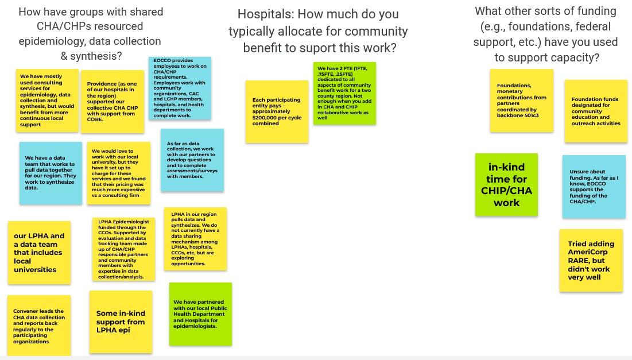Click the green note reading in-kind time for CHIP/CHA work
[x=506, y=184]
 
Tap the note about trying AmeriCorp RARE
[x=591, y=261]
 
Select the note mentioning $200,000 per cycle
[x=277, y=111]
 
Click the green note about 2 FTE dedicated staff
[x=344, y=93]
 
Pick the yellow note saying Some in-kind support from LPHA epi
[x=121, y=322]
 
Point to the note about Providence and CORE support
[x=113, y=102]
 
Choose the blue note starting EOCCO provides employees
[x=180, y=88]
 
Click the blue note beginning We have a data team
[x=51, y=173]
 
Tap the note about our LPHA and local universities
[x=40, y=253]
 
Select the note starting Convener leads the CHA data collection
[x=39, y=326]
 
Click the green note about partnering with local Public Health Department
[x=201, y=314]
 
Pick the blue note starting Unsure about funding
[x=594, y=187]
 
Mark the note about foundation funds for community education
[x=596, y=111]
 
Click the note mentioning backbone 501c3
[x=522, y=100]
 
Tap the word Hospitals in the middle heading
[x=265, y=14]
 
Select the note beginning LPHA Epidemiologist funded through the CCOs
[x=124, y=249]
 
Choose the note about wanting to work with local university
[x=119, y=173]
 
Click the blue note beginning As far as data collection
[x=192, y=160]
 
